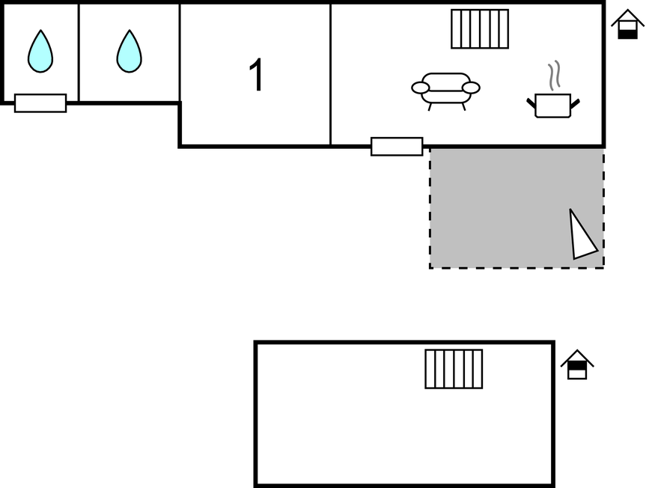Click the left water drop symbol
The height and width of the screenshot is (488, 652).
[x=40, y=52]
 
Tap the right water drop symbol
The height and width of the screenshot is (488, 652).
[x=129, y=52]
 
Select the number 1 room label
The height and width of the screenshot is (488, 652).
[x=256, y=76]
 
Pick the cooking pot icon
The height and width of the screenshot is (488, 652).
[x=553, y=106]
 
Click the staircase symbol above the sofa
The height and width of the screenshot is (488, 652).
[x=480, y=29]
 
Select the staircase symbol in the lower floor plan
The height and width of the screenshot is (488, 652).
[x=454, y=369]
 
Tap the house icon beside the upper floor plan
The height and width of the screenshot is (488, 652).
[x=627, y=24]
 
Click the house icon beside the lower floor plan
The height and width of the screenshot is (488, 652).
[x=576, y=365]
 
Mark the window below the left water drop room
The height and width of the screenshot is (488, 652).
[x=40, y=103]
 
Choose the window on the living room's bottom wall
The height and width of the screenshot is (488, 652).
[x=397, y=147]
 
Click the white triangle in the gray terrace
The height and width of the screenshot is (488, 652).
[x=582, y=237]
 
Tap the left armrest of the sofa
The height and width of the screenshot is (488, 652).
[x=421, y=88]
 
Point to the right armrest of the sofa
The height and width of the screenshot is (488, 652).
[x=471, y=88]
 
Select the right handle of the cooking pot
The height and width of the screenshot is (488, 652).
[x=575, y=103]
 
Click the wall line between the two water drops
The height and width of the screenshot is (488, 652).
[x=79, y=52]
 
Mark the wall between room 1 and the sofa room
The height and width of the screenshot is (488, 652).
[x=330, y=75]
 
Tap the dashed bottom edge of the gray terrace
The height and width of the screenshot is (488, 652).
[x=517, y=267]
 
